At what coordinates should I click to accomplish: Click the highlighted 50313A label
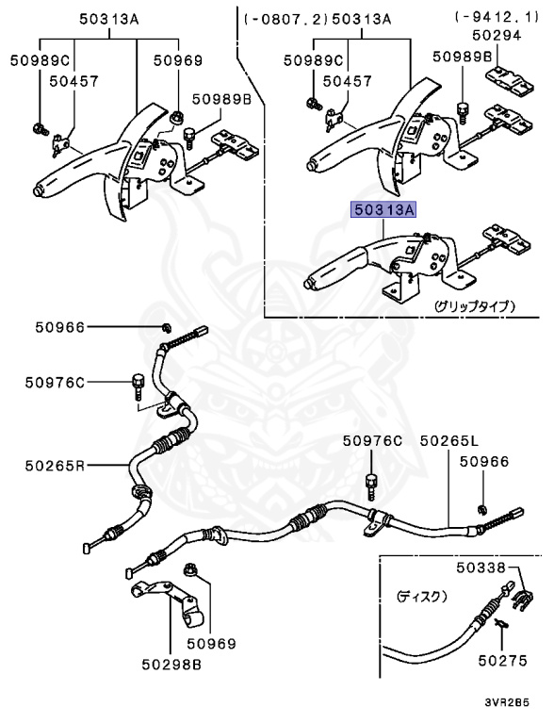(383, 211)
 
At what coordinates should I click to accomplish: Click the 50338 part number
(480, 568)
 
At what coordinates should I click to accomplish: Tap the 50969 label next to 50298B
(209, 644)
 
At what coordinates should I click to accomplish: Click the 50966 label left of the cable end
(60, 327)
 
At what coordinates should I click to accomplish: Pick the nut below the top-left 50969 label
(174, 117)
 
